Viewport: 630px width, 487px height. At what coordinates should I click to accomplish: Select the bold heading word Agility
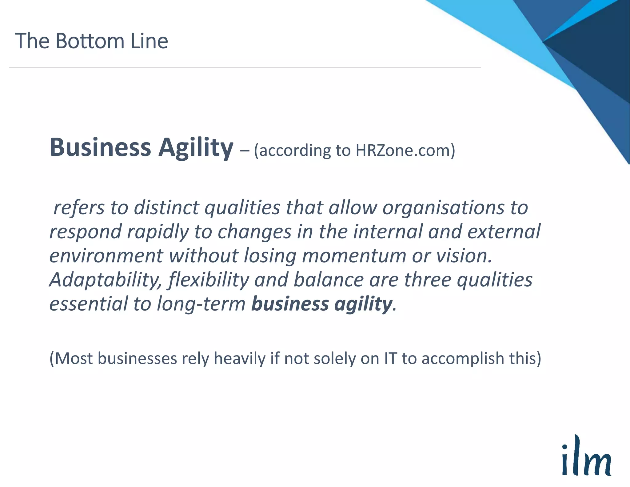(x=196, y=148)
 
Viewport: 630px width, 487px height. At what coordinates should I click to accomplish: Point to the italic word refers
(x=79, y=208)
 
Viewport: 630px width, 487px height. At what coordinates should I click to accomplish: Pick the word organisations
(x=443, y=208)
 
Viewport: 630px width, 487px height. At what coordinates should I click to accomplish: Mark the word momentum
(x=354, y=256)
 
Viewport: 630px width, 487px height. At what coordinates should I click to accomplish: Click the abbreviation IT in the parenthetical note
(x=390, y=359)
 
